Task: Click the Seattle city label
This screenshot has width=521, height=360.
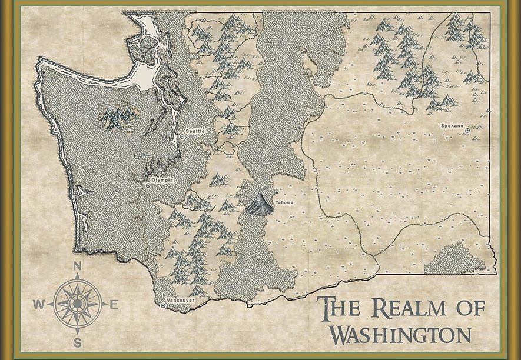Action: (x=195, y=131)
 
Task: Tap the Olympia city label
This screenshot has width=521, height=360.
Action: (x=162, y=180)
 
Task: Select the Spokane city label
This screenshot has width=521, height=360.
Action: (x=452, y=126)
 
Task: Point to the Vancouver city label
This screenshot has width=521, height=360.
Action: (x=180, y=301)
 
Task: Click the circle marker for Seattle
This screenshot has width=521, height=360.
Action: (x=182, y=136)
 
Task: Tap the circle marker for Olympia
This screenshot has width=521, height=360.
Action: (x=148, y=185)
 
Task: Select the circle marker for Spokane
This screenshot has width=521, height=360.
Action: (x=467, y=131)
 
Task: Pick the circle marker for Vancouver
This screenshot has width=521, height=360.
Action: (x=164, y=305)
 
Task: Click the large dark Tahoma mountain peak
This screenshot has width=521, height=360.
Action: (x=259, y=204)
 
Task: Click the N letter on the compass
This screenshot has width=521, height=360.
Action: (x=77, y=266)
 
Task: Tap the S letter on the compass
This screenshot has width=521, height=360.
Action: (x=77, y=343)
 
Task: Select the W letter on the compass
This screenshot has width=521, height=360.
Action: (x=38, y=305)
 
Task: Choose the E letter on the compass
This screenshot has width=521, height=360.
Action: (x=114, y=305)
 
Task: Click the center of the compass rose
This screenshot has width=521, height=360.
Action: (x=77, y=304)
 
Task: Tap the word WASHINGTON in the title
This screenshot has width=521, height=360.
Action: (x=400, y=334)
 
